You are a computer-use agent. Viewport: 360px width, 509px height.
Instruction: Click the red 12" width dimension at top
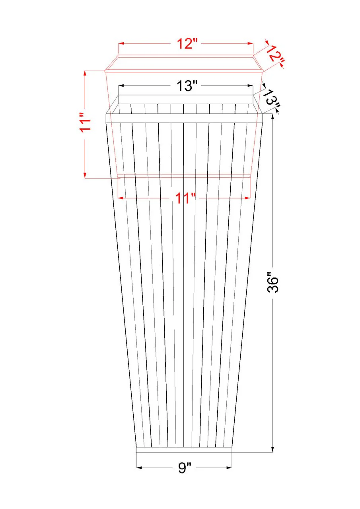point(185,44)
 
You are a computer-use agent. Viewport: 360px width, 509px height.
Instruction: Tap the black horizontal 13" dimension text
point(185,86)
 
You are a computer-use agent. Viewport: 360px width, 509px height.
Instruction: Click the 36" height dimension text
point(273,282)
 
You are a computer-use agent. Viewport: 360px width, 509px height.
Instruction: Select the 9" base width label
point(184,468)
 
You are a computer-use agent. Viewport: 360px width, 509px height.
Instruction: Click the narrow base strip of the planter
point(184,450)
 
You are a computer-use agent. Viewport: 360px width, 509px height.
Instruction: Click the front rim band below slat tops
point(184,118)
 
